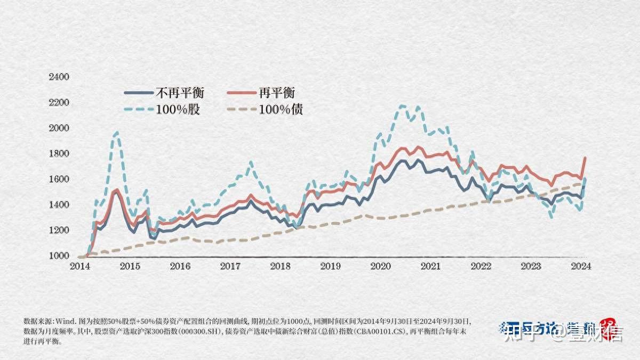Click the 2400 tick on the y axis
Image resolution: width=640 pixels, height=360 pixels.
[59, 77]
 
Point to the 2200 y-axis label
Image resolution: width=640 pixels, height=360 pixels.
[59, 102]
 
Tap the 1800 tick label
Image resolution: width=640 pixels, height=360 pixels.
[59, 154]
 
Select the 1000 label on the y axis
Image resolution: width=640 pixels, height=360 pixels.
[59, 256]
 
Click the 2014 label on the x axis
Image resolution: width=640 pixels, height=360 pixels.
[81, 266]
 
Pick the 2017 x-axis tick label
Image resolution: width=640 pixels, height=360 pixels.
[230, 266]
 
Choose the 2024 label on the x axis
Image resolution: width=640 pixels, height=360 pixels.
[580, 266]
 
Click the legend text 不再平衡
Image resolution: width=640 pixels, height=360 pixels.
[180, 93]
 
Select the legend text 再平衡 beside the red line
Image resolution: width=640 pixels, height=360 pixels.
[277, 93]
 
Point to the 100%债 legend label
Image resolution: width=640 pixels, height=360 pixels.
[282, 110]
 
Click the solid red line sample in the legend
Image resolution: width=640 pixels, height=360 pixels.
[241, 93]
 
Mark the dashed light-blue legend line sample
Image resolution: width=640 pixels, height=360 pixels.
[138, 110]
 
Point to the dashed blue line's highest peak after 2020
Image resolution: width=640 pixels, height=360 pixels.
[402, 106]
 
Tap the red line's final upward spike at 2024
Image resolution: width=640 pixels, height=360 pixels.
[585, 158]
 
